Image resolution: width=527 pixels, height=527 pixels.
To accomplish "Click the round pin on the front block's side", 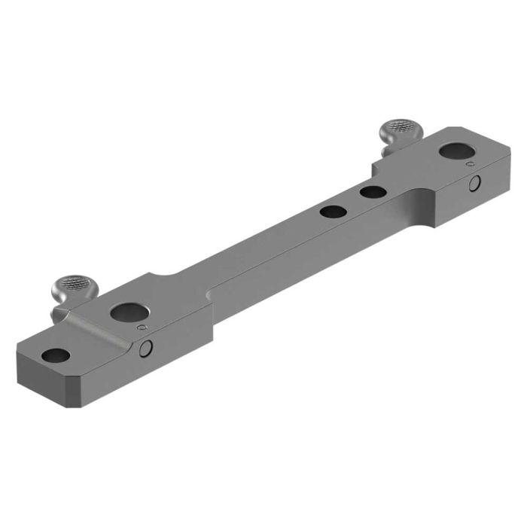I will pyautogui.click(x=148, y=347).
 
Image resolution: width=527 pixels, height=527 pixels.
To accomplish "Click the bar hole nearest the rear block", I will pyautogui.click(x=372, y=193).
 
